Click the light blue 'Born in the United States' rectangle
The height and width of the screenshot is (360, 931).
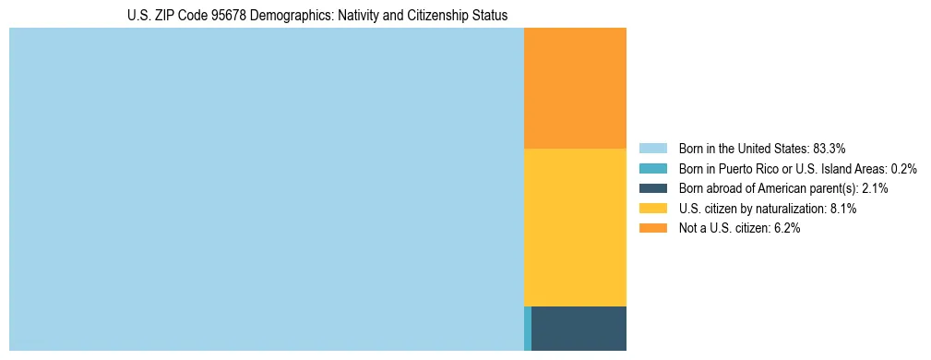pyautogui.click(x=266, y=189)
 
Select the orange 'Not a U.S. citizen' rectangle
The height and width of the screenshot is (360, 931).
pyautogui.click(x=575, y=88)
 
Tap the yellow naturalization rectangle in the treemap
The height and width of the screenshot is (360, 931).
pyautogui.click(x=575, y=227)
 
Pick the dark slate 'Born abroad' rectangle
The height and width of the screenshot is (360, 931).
pyautogui.click(x=579, y=328)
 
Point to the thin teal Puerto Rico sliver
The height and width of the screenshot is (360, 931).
pyautogui.click(x=528, y=328)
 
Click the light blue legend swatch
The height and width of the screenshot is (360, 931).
pyautogui.click(x=652, y=148)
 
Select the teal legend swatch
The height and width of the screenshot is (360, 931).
pyautogui.click(x=652, y=168)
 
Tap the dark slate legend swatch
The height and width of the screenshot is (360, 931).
pyautogui.click(x=652, y=188)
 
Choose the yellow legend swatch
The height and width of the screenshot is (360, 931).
pyautogui.click(x=652, y=209)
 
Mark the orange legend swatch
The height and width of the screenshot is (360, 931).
pyautogui.click(x=652, y=228)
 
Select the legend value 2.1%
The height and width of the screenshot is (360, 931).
pyautogui.click(x=875, y=188)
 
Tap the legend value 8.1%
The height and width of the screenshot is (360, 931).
pyautogui.click(x=843, y=209)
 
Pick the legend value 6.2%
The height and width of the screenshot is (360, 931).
pyautogui.click(x=786, y=228)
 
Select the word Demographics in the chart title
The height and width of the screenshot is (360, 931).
pyautogui.click(x=291, y=16)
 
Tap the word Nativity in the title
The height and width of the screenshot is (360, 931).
pyautogui.click(x=357, y=16)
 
